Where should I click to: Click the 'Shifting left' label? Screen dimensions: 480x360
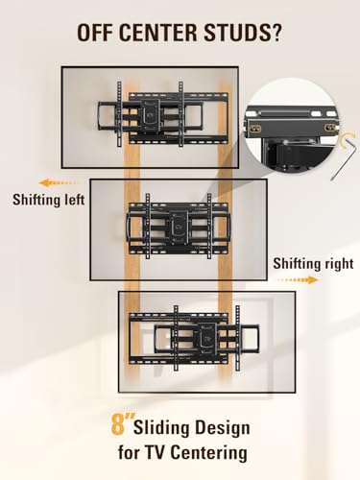point(48,202)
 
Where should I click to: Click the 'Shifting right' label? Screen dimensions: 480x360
point(311,262)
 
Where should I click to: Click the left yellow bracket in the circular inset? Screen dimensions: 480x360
point(258,124)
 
